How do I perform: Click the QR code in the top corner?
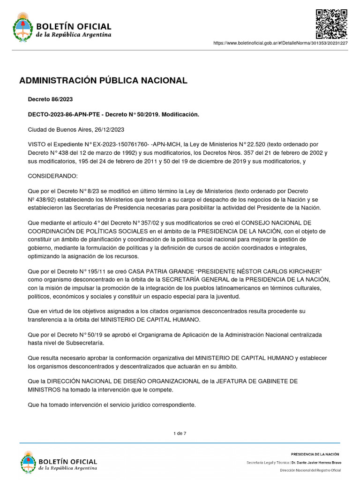[x=331, y=23]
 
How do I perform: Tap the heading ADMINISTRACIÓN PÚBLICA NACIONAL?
[x=103, y=81]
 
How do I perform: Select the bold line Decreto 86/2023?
[x=50, y=99]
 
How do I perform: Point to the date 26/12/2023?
[x=109, y=129]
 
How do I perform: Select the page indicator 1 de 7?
[x=180, y=433]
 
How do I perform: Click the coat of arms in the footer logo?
[x=28, y=462]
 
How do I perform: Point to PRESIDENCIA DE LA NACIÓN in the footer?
[x=315, y=454]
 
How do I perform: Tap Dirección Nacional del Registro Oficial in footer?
[x=310, y=470]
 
